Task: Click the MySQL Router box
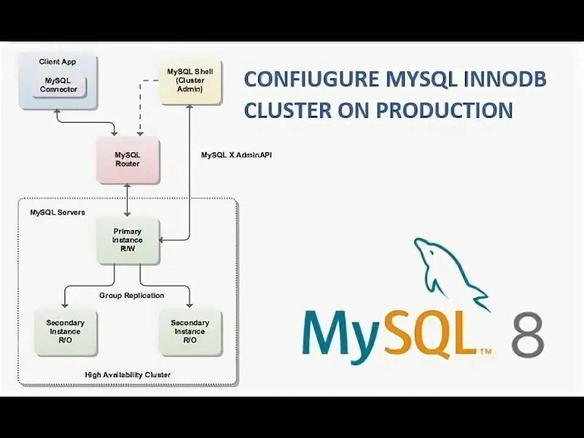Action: click(127, 159)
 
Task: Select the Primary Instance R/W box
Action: click(128, 240)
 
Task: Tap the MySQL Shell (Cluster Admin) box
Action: click(190, 80)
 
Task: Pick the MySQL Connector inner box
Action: click(59, 85)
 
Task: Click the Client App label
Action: click(57, 61)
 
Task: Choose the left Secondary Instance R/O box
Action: click(65, 332)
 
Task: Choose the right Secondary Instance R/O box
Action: click(190, 332)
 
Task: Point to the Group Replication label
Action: click(132, 296)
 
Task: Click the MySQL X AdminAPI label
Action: click(237, 155)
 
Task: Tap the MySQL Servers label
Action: click(57, 213)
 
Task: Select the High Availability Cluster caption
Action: click(127, 375)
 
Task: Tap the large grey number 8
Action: click(527, 336)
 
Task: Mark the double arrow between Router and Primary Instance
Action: click(127, 200)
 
